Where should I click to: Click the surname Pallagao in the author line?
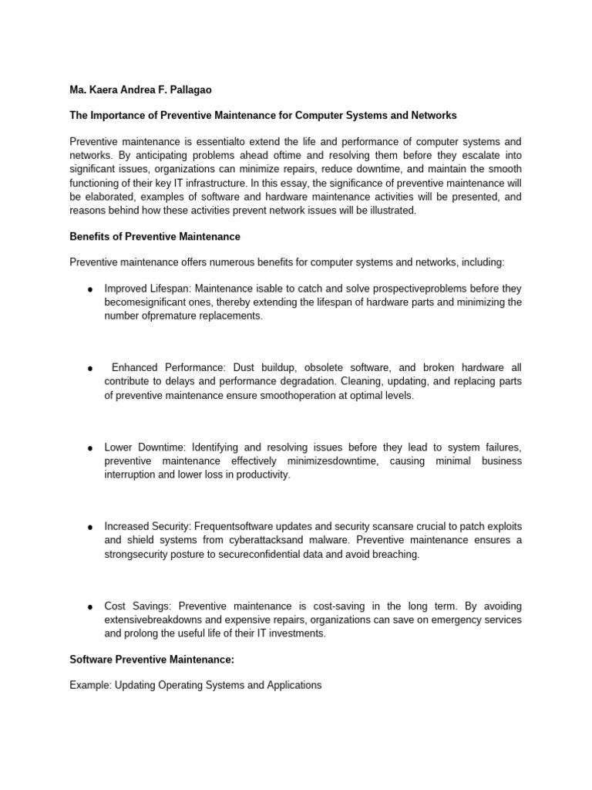[189, 90]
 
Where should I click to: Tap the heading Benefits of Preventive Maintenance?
[155, 237]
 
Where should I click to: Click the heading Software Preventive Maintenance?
[151, 660]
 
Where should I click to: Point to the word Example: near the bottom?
[90, 684]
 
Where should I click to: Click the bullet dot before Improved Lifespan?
[90, 289]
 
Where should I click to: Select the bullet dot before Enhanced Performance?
[90, 369]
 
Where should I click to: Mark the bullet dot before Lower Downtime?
[90, 448]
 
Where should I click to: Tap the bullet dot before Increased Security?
[90, 528]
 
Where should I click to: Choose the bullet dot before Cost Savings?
[90, 607]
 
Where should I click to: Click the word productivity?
[263, 474]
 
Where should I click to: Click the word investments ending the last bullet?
[298, 633]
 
